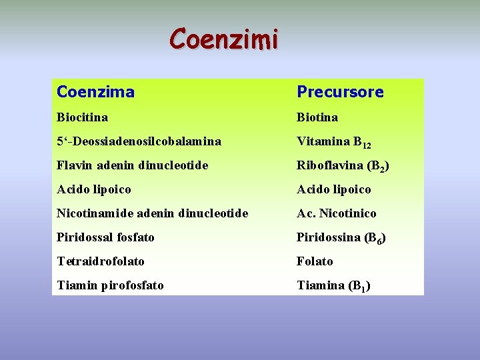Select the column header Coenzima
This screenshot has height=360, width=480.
click(x=95, y=91)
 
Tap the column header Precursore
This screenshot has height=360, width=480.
click(x=340, y=91)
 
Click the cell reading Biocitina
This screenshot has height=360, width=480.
click(x=83, y=117)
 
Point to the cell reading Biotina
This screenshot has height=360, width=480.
click(x=317, y=117)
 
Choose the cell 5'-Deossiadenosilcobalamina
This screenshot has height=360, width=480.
click(x=139, y=141)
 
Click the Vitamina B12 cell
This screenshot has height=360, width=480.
click(x=333, y=142)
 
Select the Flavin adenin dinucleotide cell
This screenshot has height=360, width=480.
click(x=133, y=165)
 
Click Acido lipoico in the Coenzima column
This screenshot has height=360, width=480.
click(x=94, y=189)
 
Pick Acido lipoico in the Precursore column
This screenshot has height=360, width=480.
click(x=334, y=189)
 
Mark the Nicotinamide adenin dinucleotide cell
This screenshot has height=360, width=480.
click(x=153, y=213)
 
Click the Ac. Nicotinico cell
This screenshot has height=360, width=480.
click(x=337, y=213)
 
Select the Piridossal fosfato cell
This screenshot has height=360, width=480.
click(x=105, y=237)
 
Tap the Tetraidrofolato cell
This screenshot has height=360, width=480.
click(x=101, y=261)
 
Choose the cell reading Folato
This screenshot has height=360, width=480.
click(x=315, y=261)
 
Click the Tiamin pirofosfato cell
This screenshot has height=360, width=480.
click(x=111, y=285)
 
